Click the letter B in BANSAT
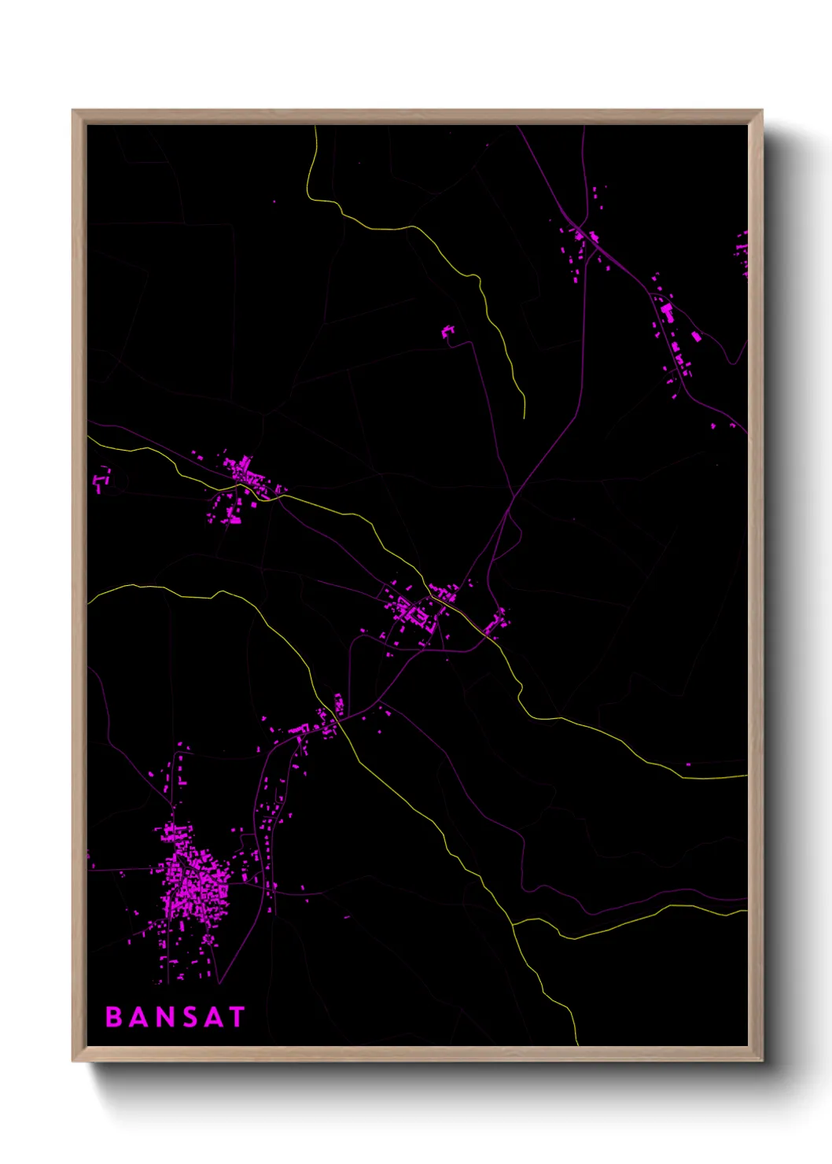114,1017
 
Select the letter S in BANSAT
188,1017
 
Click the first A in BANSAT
138,1017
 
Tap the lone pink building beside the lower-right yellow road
688,764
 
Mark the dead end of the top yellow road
524,418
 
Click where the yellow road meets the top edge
315,127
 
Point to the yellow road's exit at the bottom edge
578,1044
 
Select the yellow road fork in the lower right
513,923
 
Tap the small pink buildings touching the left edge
101,477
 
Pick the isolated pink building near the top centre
448,333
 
